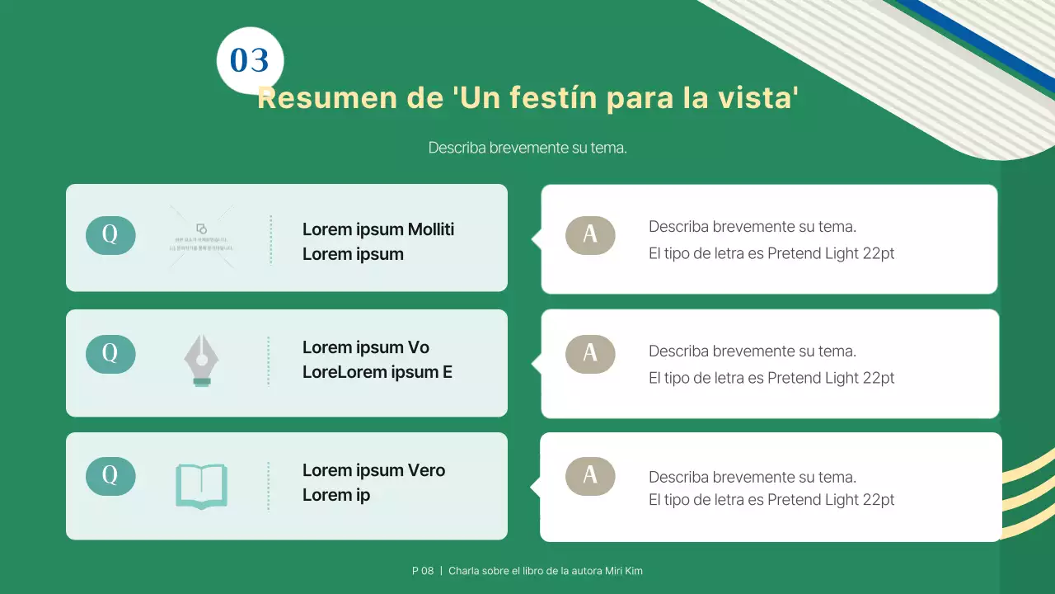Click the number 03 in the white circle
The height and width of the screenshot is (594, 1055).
click(x=249, y=61)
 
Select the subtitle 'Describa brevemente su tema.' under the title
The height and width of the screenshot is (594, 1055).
click(x=527, y=148)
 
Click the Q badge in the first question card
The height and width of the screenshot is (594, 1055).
click(x=110, y=235)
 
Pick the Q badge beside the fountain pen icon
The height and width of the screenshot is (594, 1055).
click(x=110, y=354)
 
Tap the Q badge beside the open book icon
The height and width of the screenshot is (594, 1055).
click(x=110, y=476)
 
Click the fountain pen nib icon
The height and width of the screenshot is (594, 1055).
click(x=201, y=361)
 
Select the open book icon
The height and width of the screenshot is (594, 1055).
click(x=201, y=486)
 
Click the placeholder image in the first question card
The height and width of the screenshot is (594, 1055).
click(x=202, y=238)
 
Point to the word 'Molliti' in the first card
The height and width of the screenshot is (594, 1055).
click(x=431, y=229)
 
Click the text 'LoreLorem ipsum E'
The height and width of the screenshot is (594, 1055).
click(x=377, y=372)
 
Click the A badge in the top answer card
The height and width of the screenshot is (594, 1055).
click(x=590, y=235)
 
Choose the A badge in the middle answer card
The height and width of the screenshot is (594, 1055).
click(x=590, y=354)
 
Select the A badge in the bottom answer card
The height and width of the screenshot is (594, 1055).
click(x=590, y=476)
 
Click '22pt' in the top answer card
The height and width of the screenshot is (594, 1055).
click(x=878, y=253)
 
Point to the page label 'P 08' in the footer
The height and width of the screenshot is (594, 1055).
click(x=423, y=571)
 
